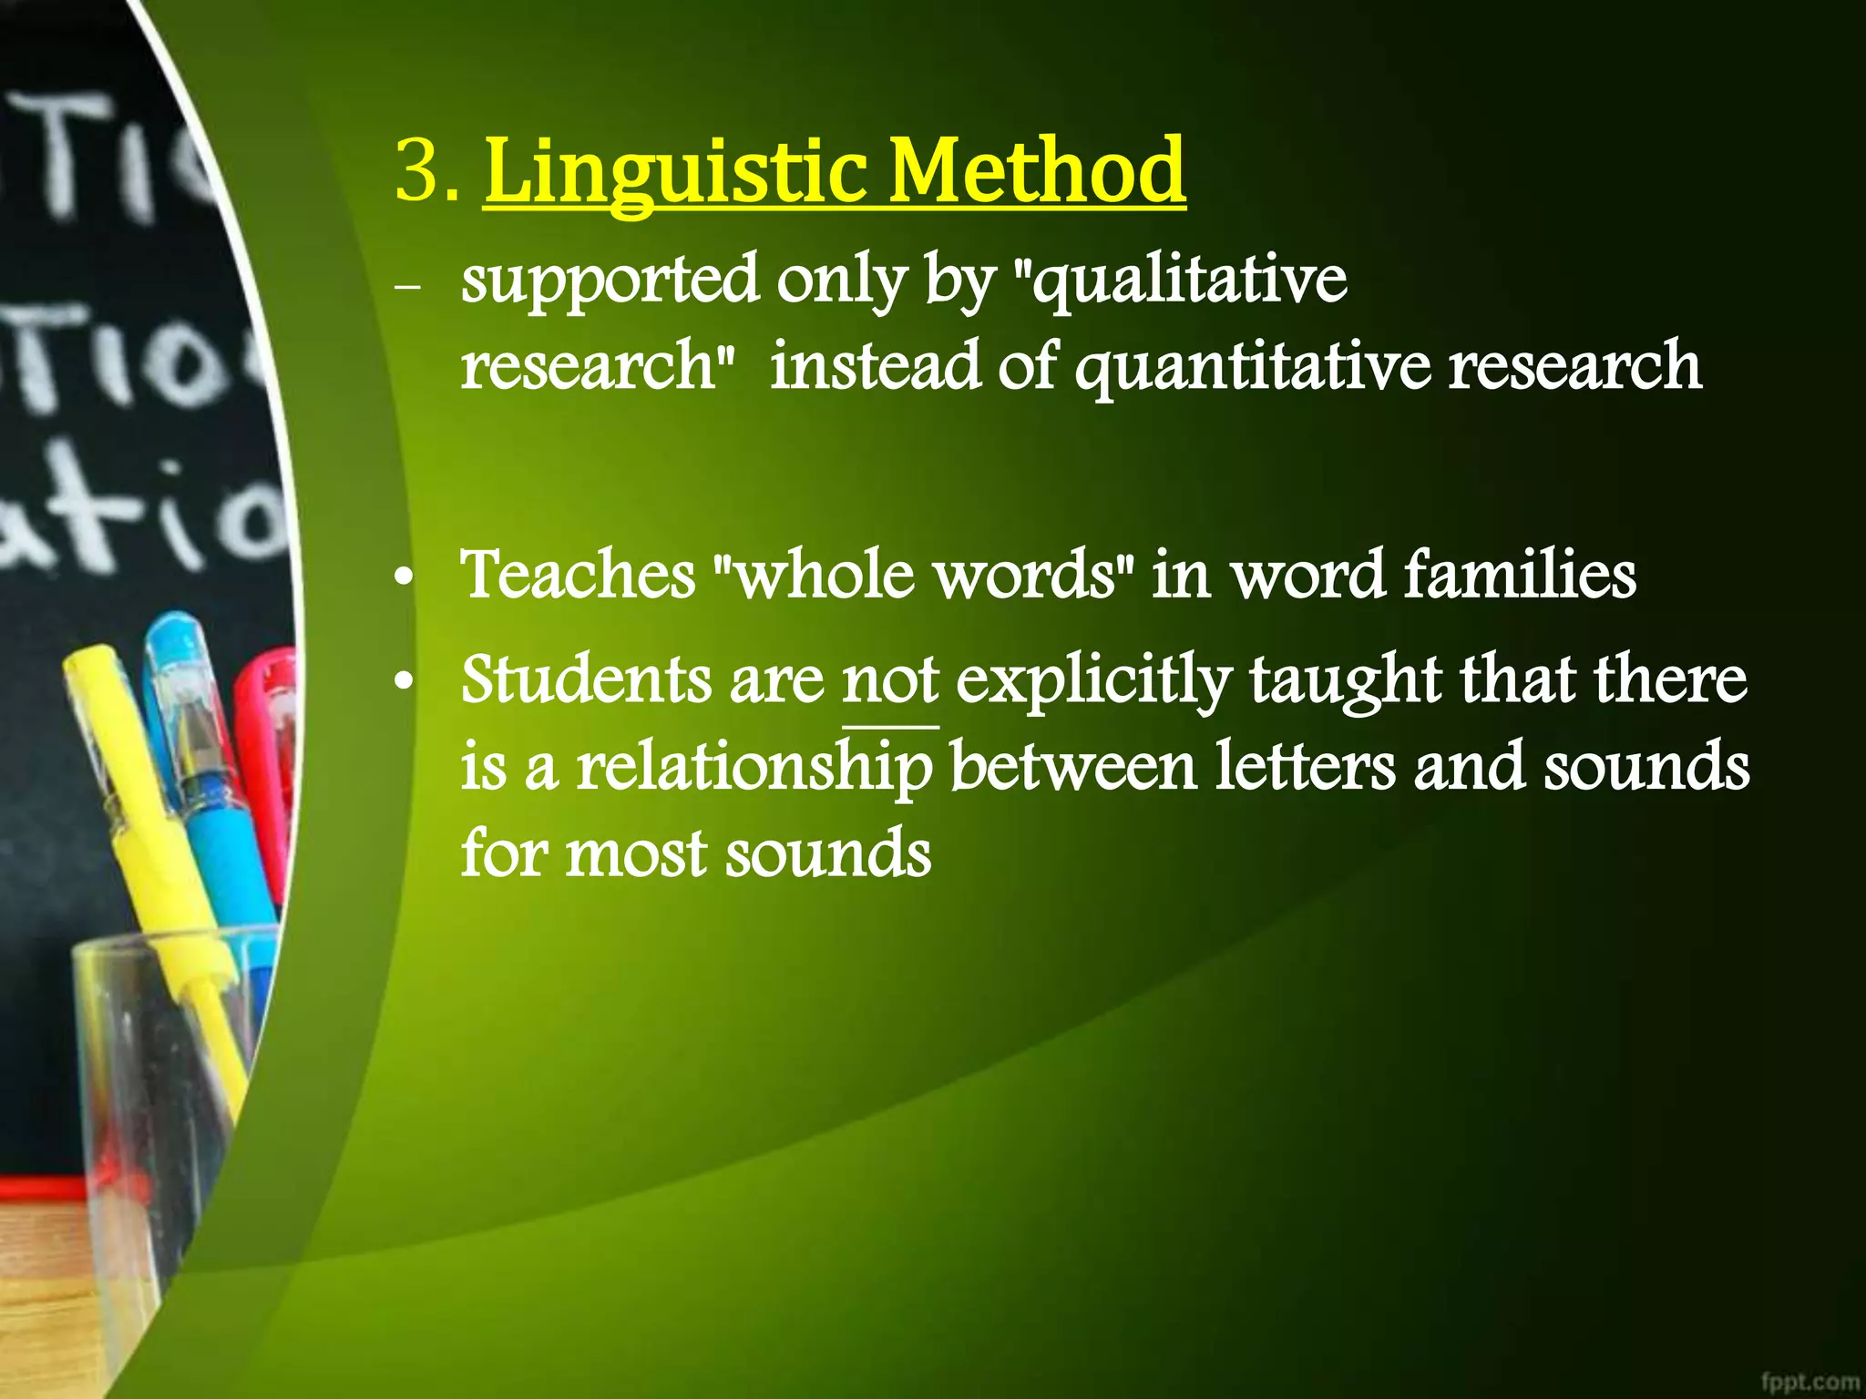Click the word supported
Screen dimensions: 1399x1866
pos(609,281)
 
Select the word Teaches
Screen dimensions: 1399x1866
pos(578,576)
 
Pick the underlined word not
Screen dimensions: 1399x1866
pos(889,681)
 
